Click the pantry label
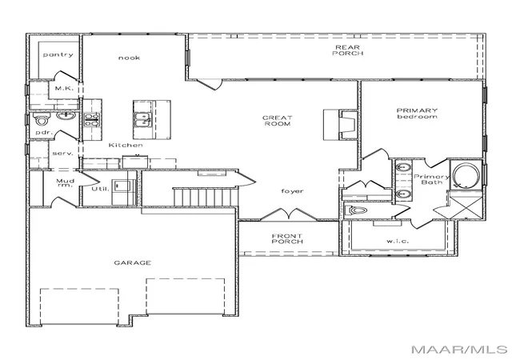58,54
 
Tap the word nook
130,58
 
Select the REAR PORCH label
348,50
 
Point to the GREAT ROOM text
278,121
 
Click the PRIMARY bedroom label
417,114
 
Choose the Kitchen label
126,145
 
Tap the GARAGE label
133,262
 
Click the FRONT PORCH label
287,238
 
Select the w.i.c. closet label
398,241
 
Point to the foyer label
292,191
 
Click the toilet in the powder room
42,119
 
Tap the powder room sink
66,116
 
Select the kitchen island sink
142,119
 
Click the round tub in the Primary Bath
466,175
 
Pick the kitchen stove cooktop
91,119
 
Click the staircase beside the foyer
205,197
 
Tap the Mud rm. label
66,183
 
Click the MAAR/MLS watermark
459,350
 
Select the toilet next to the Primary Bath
354,210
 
